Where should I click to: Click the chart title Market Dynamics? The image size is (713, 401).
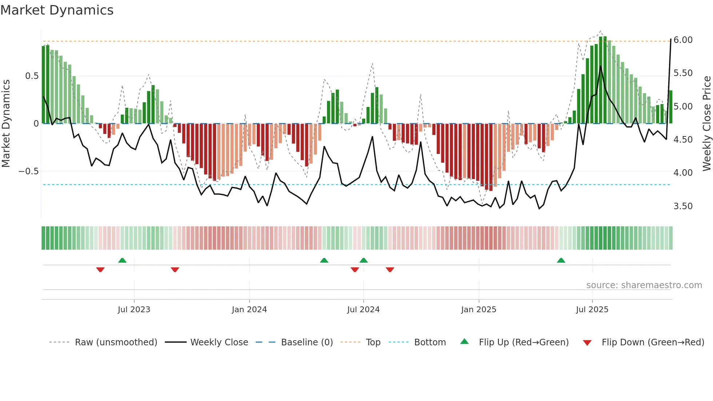tap(57, 10)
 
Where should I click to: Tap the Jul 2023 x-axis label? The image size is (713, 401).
tap(134, 310)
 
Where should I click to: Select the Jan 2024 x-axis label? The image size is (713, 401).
tap(249, 310)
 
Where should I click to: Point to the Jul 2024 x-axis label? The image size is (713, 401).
tap(363, 310)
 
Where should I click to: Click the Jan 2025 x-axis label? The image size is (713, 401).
tap(478, 310)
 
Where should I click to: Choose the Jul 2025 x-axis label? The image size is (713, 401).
tap(592, 310)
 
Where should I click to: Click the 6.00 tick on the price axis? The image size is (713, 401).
tap(683, 40)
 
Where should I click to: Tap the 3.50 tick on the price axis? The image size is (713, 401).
tap(683, 206)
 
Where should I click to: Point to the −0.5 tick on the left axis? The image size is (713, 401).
tap(29, 171)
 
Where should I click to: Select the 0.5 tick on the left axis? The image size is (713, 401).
tap(32, 76)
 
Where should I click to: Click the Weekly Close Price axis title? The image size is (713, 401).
tap(706, 123)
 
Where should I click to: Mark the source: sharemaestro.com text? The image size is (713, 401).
tap(644, 285)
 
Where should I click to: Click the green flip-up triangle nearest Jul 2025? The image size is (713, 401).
tap(561, 260)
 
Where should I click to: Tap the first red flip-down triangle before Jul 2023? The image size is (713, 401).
tap(100, 270)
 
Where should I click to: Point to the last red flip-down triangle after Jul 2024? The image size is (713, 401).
tap(390, 270)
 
